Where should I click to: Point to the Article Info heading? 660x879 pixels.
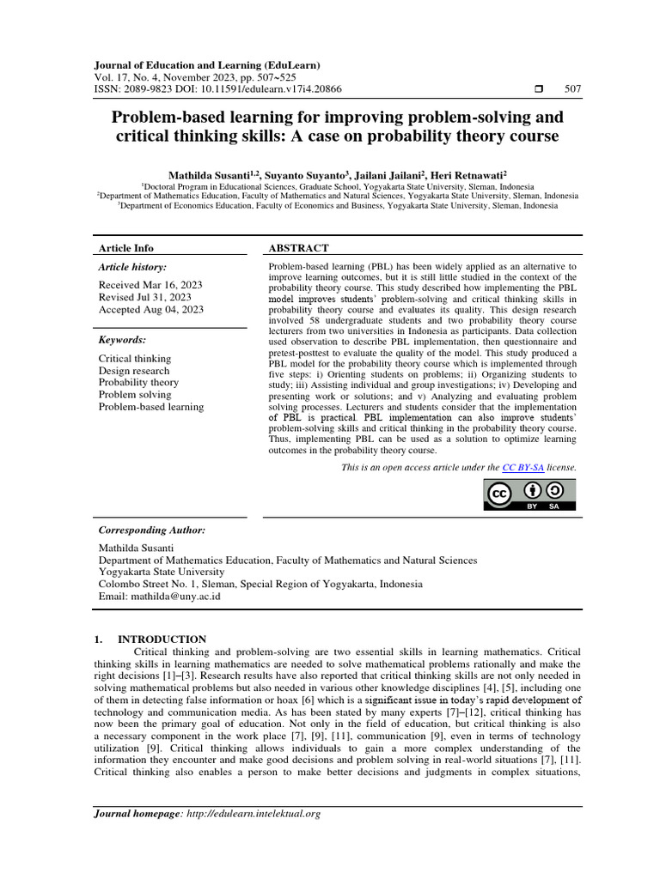click(x=126, y=248)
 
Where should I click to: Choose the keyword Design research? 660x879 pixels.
click(x=134, y=371)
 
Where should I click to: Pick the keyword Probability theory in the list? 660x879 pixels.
click(x=138, y=383)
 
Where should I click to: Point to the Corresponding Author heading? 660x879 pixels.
click(x=152, y=530)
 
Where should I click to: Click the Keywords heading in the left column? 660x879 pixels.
click(x=122, y=340)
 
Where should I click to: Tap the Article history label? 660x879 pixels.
click(x=133, y=268)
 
